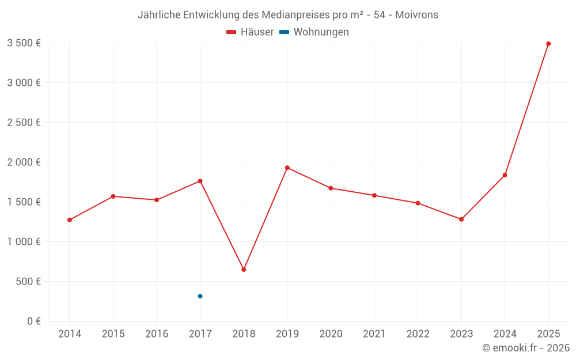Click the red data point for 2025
548,44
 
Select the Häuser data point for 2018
244,270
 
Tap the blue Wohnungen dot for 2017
200,296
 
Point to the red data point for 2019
287,168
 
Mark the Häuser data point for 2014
70,220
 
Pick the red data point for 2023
461,219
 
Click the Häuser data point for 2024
505,175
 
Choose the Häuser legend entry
250,32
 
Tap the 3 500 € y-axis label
24,43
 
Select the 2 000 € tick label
24,162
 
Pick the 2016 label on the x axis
157,334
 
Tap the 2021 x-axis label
374,334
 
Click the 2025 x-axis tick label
548,334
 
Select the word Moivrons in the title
416,15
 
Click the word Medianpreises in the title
289,15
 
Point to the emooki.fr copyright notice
526,348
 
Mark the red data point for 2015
113,196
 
